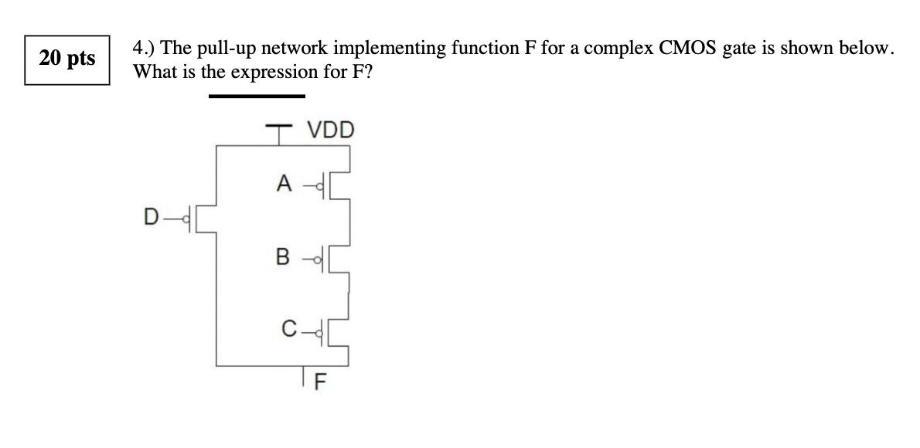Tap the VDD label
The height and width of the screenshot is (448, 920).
tap(330, 130)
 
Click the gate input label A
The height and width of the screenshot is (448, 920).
tap(285, 183)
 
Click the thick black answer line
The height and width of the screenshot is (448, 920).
tap(257, 97)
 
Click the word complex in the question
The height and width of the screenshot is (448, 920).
tap(620, 49)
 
